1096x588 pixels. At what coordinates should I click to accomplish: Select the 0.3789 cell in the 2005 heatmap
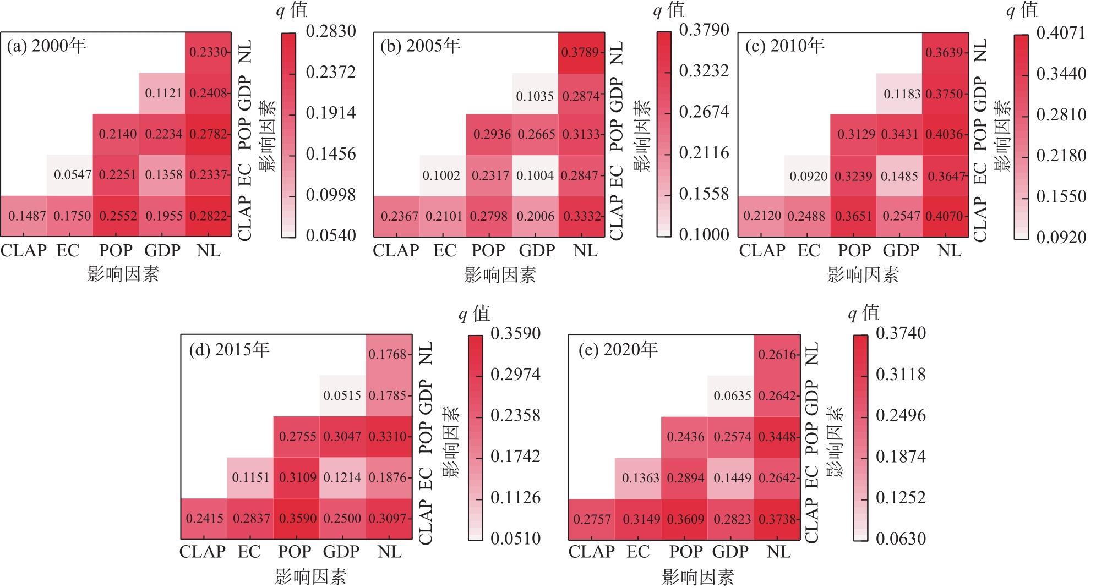click(581, 53)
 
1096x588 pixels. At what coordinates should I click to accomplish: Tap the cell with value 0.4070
click(945, 216)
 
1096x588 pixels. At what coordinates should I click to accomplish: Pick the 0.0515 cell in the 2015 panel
click(342, 395)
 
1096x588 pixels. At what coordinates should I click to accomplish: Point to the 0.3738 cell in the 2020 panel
click(777, 519)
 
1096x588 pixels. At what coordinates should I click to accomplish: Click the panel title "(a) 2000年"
click(46, 46)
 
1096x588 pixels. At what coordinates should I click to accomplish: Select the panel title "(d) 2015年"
click(229, 350)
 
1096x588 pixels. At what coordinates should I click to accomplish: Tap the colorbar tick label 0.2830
click(330, 31)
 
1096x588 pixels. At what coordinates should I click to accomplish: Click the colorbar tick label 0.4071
click(1061, 33)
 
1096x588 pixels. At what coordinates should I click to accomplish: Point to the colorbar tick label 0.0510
click(515, 538)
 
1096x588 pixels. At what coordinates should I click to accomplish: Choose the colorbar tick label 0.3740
click(901, 333)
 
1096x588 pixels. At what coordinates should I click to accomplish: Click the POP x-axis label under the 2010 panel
click(854, 251)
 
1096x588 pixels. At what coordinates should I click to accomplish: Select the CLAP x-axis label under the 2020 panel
click(591, 552)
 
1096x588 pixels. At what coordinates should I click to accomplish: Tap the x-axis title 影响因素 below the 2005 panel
click(500, 274)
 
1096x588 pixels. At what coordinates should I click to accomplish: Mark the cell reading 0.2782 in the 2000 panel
click(208, 134)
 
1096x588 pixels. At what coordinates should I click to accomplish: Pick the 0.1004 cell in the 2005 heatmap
click(535, 175)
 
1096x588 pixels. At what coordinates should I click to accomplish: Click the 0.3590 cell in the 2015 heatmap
click(297, 519)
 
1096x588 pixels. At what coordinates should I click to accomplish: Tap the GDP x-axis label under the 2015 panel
click(341, 552)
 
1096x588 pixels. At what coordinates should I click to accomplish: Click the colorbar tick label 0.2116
click(704, 153)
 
